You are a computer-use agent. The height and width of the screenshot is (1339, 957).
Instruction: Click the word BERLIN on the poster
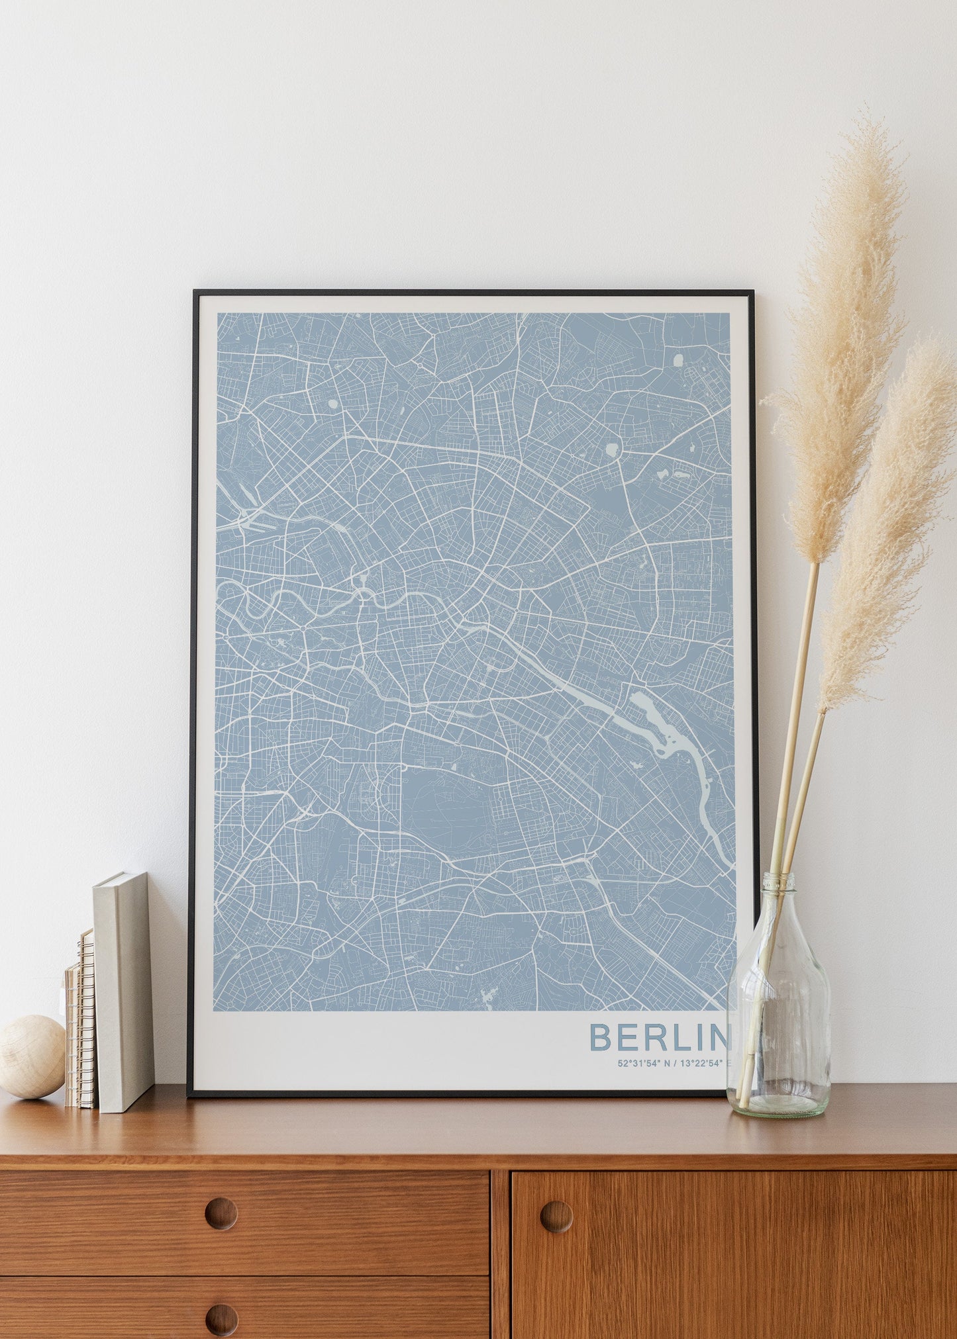pos(658,1037)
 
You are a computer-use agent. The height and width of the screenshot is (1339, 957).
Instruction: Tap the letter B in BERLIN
pos(600,1037)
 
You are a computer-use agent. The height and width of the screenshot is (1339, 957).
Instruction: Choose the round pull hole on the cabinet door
pos(556,1216)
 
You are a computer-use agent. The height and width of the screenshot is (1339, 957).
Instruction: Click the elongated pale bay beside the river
pos(652,721)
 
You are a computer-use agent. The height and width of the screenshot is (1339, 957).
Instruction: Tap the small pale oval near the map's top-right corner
pos(678,359)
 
